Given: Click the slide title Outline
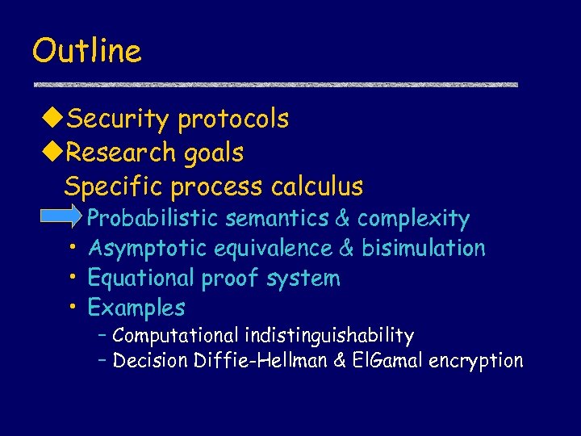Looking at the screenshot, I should [86, 51].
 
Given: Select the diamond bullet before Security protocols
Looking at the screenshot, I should [52, 119].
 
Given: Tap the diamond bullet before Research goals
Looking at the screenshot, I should [52, 152].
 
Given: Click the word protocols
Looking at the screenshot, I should [233, 119].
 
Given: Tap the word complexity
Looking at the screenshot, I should [413, 218].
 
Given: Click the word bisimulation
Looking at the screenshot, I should [424, 248].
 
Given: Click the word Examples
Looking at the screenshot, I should [136, 308].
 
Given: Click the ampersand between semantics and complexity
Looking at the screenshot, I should [341, 218].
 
